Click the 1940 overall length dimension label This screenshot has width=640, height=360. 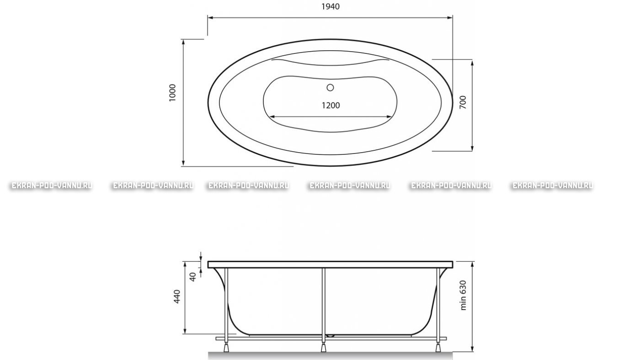(x=331, y=6)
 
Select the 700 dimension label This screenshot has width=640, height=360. (x=463, y=102)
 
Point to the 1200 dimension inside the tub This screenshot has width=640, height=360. (x=331, y=106)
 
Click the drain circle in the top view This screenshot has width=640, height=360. (x=330, y=88)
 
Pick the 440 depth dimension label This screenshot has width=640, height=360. (x=177, y=296)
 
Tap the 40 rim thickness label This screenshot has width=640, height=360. (x=193, y=277)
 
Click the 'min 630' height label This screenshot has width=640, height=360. (x=463, y=295)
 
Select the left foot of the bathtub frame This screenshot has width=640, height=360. (x=226, y=348)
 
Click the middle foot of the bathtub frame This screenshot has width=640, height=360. (x=324, y=348)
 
